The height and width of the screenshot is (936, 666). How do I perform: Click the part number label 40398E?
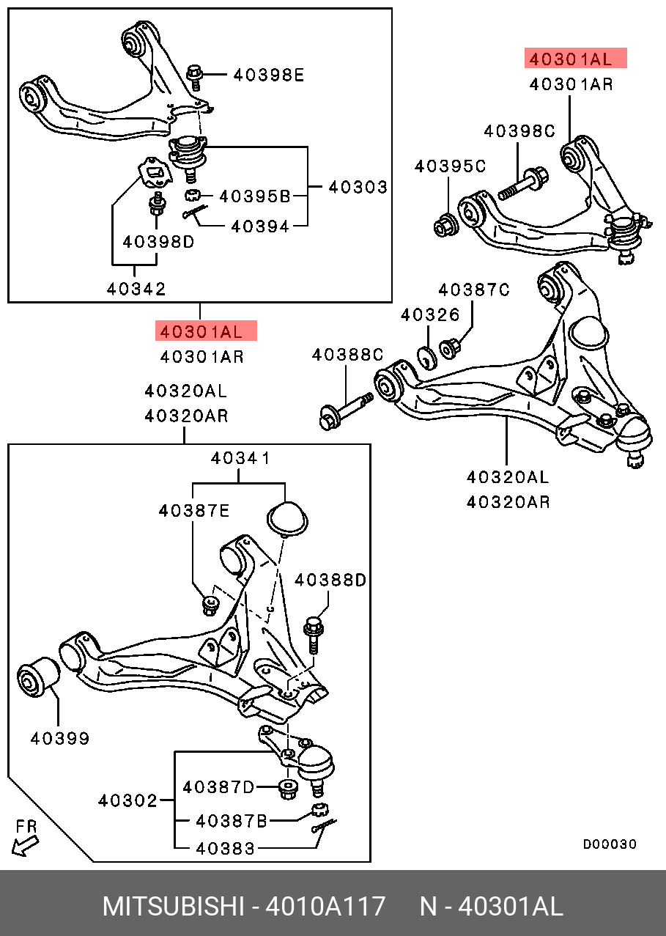(x=267, y=75)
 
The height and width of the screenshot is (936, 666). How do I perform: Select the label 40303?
(x=358, y=187)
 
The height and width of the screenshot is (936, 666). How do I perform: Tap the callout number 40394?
(x=259, y=226)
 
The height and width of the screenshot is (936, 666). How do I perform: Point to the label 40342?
(x=136, y=289)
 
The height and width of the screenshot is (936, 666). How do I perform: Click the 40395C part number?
(x=450, y=166)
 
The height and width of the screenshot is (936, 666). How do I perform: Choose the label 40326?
(x=430, y=315)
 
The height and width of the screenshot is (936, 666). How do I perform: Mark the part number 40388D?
(x=330, y=581)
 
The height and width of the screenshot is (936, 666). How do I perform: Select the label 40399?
(x=60, y=739)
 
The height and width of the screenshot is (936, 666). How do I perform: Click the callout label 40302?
(x=127, y=801)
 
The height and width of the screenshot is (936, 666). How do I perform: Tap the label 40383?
(x=226, y=849)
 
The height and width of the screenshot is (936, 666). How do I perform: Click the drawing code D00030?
(x=610, y=844)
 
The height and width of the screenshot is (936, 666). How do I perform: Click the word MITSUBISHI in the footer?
(x=173, y=907)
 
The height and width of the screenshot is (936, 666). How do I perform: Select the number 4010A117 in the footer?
(x=325, y=907)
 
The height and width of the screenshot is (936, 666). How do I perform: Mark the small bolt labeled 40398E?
(x=196, y=76)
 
